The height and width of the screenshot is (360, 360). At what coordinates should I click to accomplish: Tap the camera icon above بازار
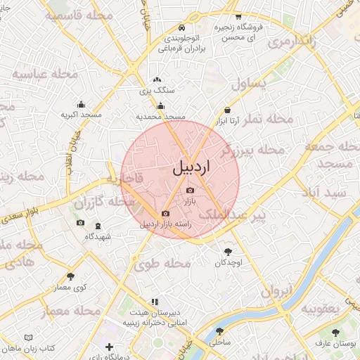point(190,191)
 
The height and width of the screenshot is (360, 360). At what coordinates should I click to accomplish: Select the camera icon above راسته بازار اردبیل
point(165,213)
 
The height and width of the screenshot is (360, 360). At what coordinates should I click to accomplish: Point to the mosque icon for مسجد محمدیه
point(161,106)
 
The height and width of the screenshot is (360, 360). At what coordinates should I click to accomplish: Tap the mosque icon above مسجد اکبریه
point(81,104)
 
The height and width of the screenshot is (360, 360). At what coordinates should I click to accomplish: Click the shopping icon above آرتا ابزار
point(227,110)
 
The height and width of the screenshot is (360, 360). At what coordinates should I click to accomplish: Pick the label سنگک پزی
point(155,91)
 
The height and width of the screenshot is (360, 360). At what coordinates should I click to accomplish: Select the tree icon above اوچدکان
point(228,251)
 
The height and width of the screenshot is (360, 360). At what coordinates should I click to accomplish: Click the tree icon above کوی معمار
point(70,276)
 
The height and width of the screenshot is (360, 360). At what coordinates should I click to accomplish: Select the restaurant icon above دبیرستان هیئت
point(155,302)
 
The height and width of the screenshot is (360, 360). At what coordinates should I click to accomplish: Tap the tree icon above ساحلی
point(220,330)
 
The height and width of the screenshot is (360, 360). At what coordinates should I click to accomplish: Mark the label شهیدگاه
point(97,237)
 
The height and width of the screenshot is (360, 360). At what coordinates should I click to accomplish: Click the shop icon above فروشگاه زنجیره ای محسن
point(238,15)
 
